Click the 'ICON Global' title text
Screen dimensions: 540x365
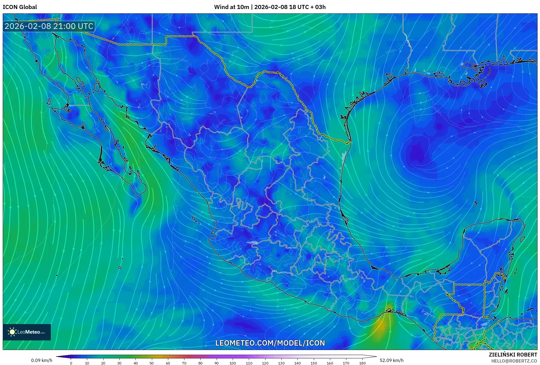[20, 7]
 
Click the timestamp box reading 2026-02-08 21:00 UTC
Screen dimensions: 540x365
[49, 26]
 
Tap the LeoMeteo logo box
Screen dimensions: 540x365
[27, 332]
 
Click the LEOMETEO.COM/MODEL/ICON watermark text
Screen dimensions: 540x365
[270, 343]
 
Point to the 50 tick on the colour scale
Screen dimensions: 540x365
[152, 363]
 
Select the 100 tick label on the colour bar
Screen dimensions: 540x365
[232, 363]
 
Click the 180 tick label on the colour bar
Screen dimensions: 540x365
[362, 363]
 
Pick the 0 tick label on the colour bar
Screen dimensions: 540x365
[71, 363]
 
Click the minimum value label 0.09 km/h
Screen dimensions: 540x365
[42, 360]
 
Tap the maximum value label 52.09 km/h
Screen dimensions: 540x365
[391, 360]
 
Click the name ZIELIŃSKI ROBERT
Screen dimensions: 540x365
[513, 355]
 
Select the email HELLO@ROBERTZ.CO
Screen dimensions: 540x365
[514, 361]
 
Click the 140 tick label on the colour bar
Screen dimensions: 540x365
[297, 363]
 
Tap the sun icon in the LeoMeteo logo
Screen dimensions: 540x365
[12, 332]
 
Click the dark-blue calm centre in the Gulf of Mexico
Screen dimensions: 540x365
[418, 153]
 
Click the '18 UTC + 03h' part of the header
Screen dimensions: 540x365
[307, 7]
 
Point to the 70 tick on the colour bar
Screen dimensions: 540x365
[184, 363]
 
